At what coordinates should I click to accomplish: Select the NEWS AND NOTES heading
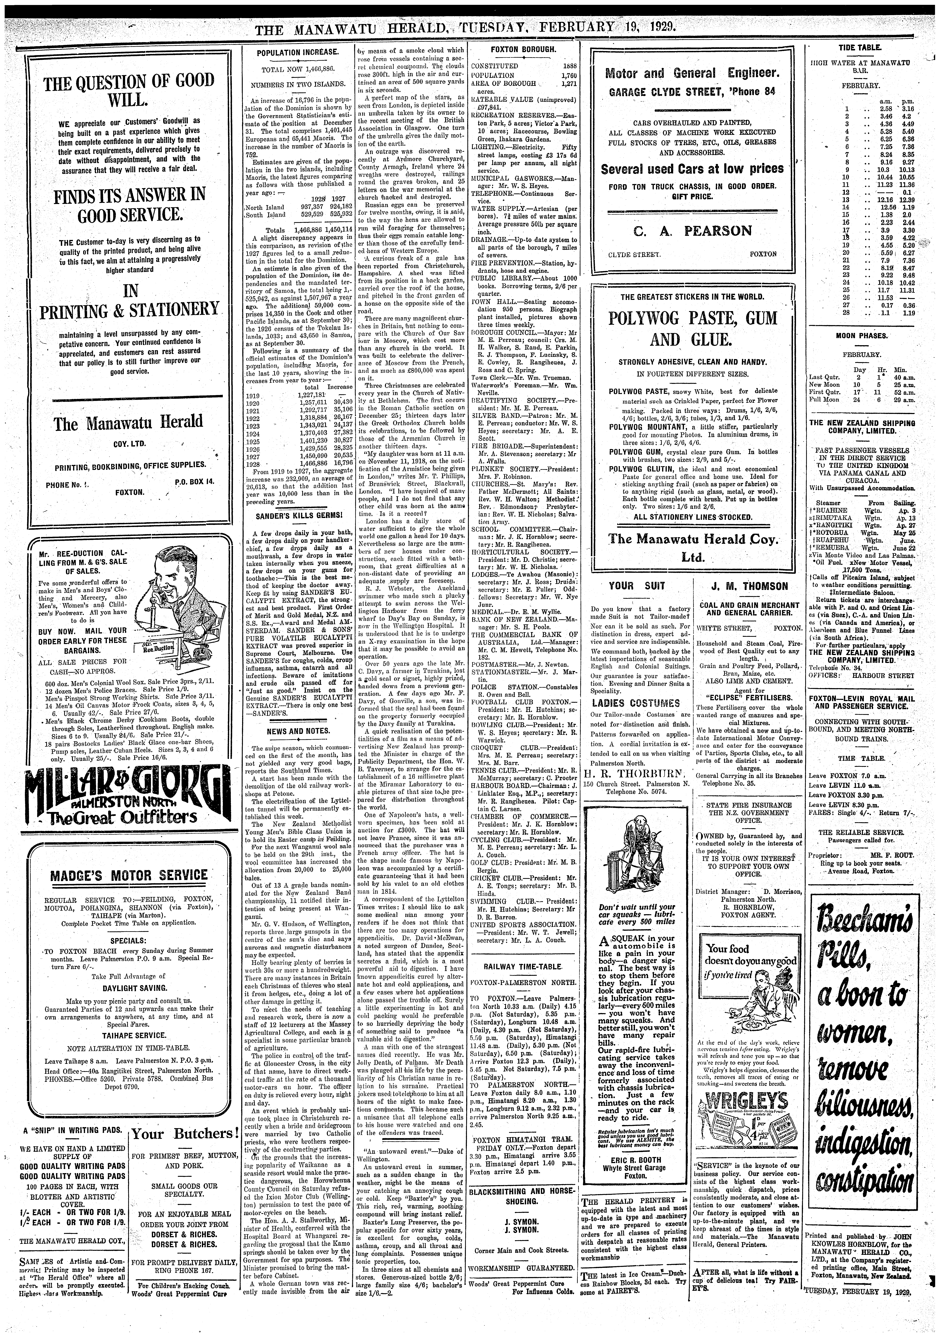[297, 731]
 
